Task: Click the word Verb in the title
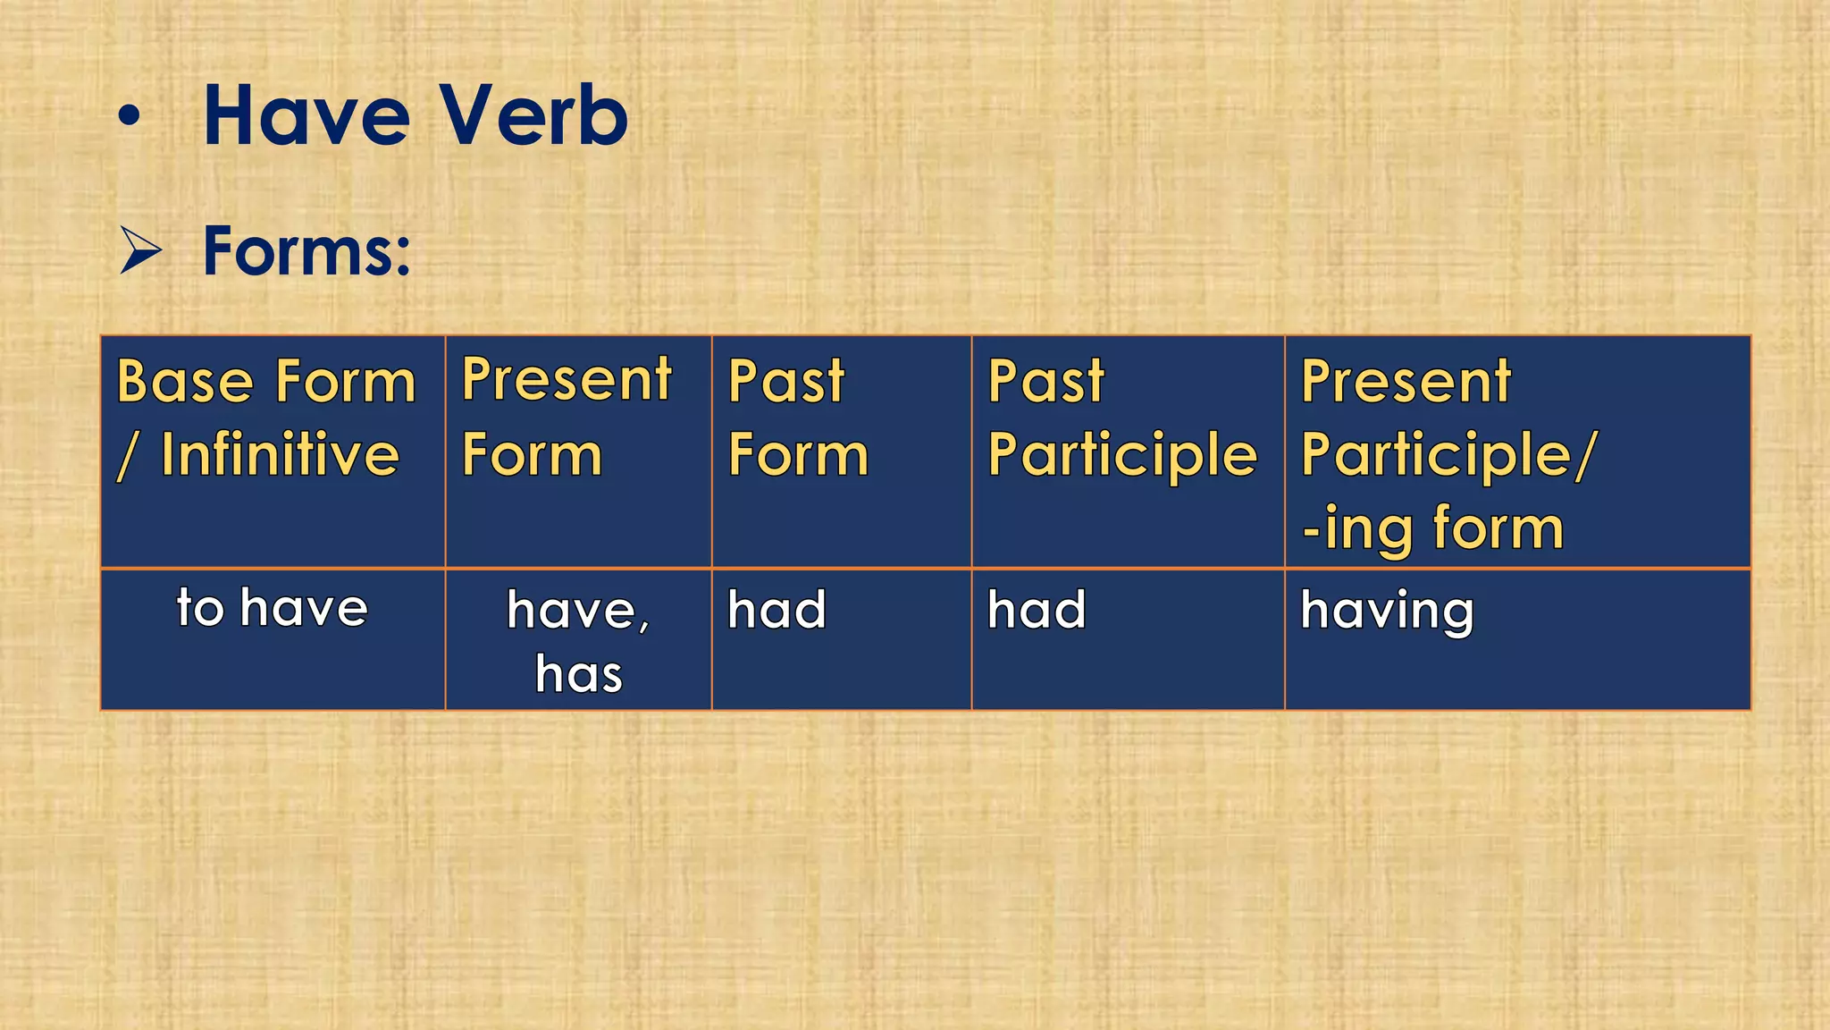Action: click(533, 116)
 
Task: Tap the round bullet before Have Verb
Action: click(130, 117)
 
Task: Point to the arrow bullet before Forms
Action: click(141, 251)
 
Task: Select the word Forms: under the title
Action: click(306, 251)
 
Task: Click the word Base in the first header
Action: click(185, 383)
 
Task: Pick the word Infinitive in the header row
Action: click(280, 455)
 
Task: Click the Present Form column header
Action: click(566, 417)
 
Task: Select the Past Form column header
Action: click(797, 418)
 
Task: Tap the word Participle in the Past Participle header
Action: click(1122, 455)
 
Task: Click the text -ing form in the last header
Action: click(1432, 528)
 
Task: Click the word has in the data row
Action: click(579, 674)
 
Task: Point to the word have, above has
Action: click(577, 612)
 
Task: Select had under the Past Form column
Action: click(776, 611)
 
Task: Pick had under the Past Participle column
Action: click(1037, 611)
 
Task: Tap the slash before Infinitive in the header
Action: click(127, 456)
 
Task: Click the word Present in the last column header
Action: click(1406, 383)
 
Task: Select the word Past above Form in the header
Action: click(785, 383)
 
